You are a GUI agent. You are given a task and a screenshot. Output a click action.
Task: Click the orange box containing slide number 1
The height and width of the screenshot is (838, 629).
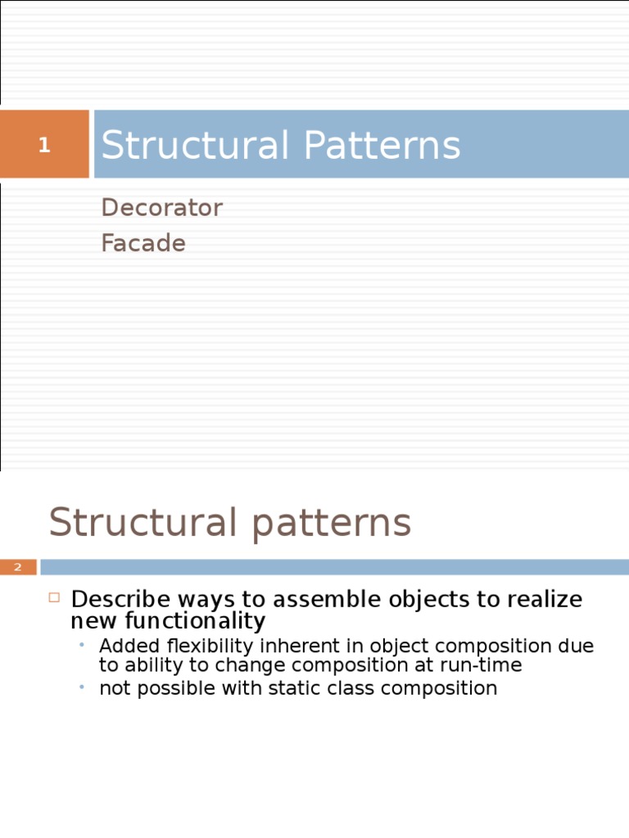(44, 145)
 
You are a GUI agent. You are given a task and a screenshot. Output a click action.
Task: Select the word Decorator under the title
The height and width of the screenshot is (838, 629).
(161, 208)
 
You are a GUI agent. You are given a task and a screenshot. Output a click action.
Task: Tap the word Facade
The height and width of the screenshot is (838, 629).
(143, 244)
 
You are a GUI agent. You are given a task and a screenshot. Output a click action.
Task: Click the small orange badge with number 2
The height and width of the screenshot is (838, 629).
(18, 567)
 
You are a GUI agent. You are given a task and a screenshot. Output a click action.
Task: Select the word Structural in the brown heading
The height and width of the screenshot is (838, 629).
(139, 523)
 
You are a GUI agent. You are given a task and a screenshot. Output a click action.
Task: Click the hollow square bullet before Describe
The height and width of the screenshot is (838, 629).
(55, 597)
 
